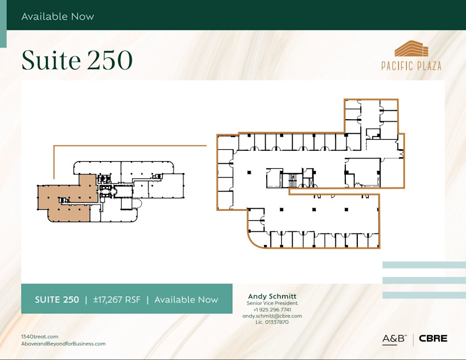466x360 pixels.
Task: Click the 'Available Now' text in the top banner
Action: [57, 17]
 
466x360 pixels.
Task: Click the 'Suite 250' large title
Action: [77, 60]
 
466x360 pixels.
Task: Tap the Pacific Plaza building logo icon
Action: [412, 50]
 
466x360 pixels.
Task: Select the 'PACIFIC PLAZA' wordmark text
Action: [411, 66]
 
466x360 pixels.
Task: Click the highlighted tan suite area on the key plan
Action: [67, 199]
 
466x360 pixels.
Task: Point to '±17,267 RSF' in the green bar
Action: [116, 299]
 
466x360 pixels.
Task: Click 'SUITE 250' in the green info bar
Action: [57, 299]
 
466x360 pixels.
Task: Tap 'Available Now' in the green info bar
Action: [186, 299]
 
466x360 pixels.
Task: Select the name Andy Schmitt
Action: [272, 296]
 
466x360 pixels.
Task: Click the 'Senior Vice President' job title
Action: [272, 303]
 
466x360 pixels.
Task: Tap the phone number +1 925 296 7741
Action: [272, 309]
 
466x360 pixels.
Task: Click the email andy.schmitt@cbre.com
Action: [272, 315]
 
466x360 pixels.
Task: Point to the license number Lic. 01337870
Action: [272, 322]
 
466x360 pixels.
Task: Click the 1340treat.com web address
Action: [39, 337]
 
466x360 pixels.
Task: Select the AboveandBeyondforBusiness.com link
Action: [63, 343]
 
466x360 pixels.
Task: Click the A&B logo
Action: [395, 339]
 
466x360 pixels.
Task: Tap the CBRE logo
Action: [433, 339]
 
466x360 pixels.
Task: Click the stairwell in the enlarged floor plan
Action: [292, 180]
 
